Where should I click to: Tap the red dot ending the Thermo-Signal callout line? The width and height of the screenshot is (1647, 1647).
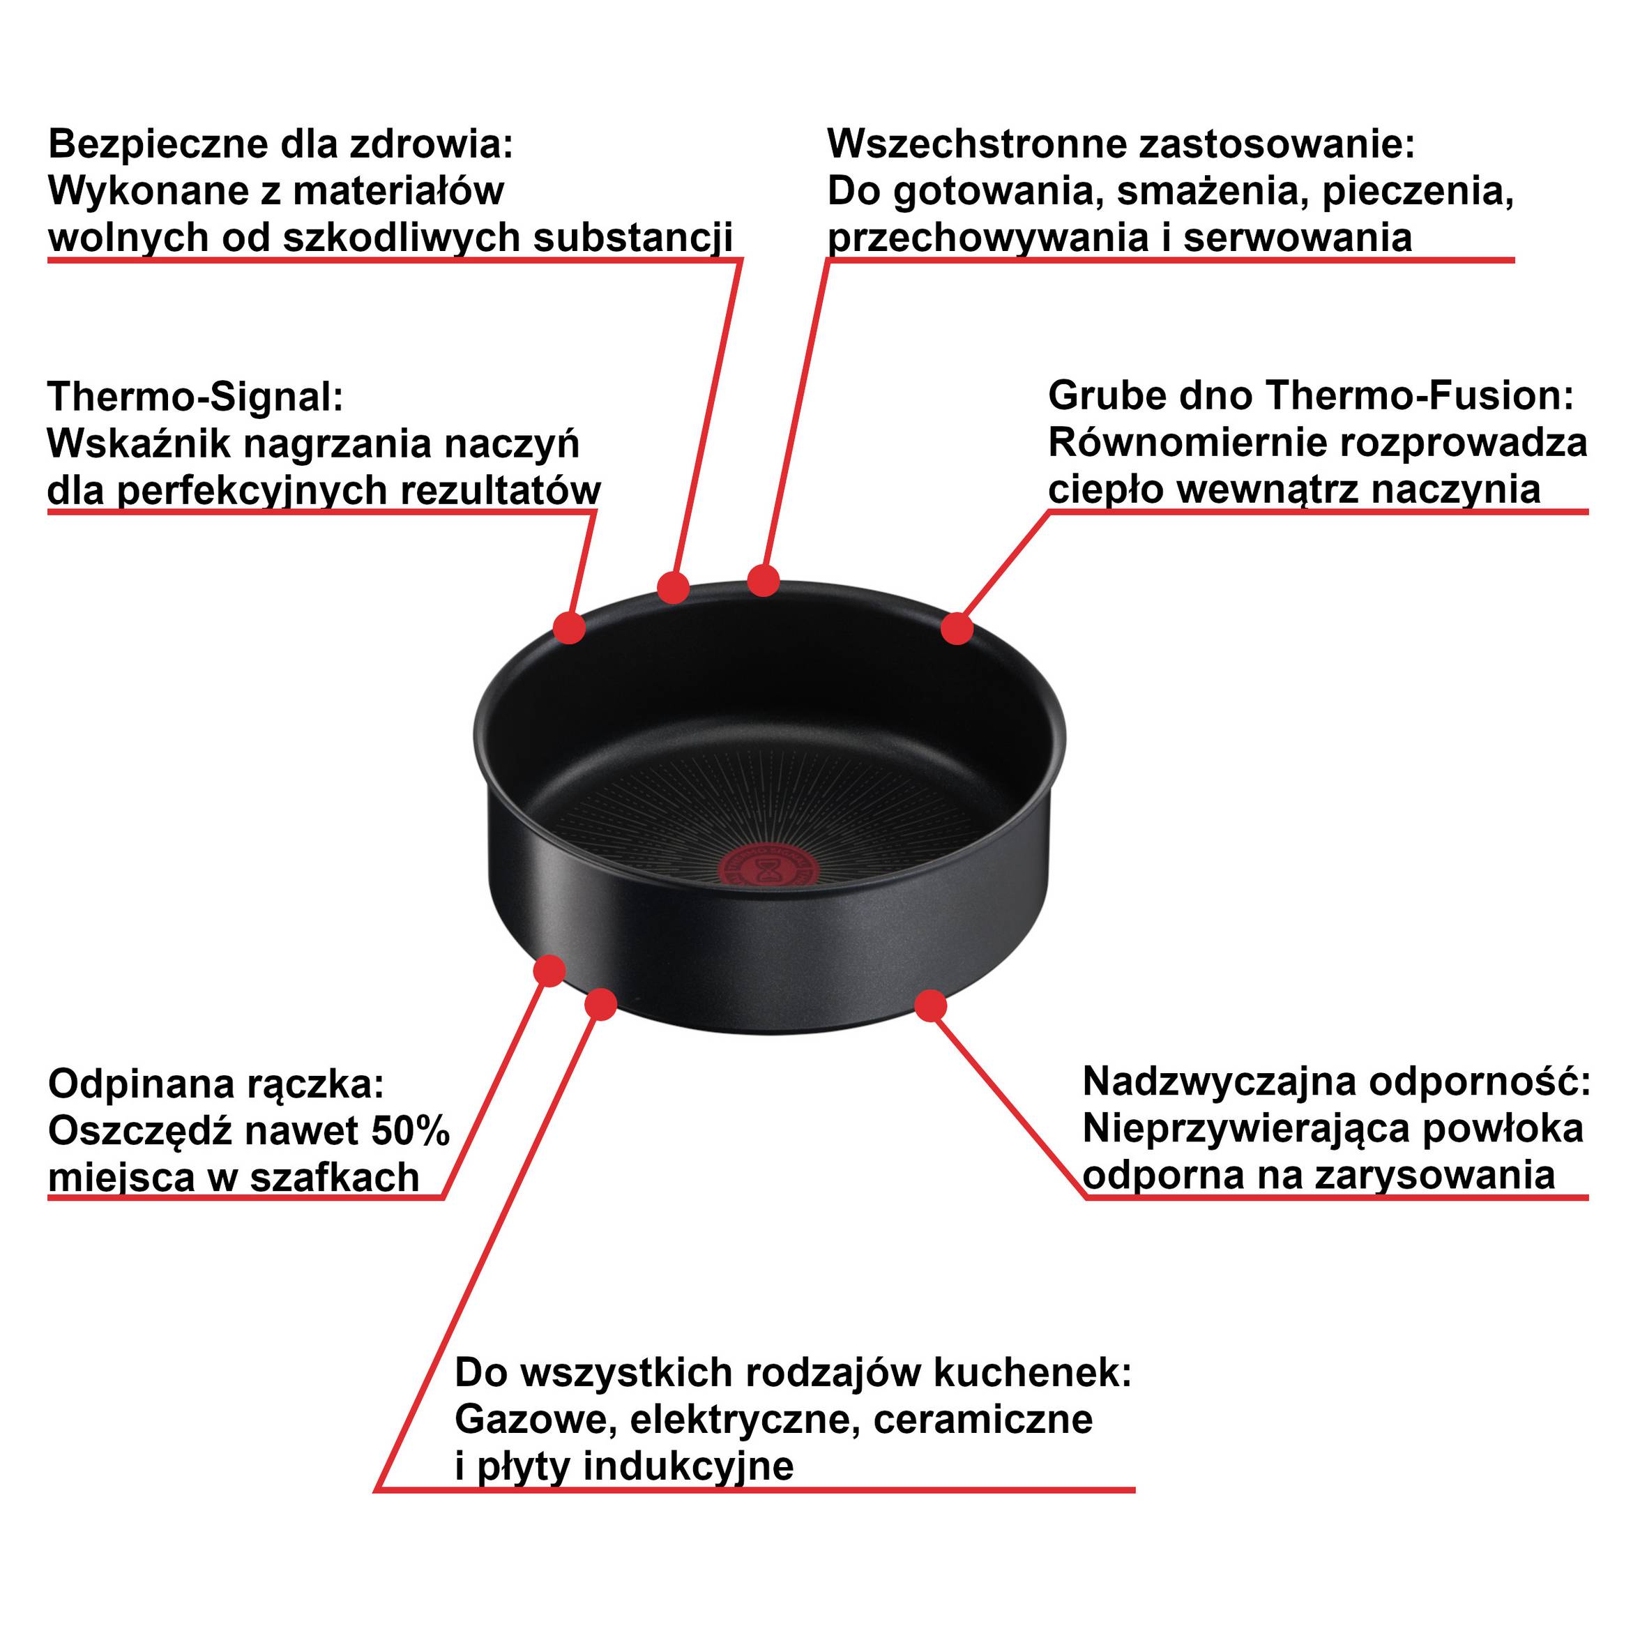(x=568, y=628)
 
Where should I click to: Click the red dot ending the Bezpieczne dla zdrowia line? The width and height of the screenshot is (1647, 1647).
(x=674, y=587)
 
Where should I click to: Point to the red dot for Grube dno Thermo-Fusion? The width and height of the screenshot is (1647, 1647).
(x=957, y=629)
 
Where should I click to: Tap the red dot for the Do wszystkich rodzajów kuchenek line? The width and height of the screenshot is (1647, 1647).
(x=601, y=1004)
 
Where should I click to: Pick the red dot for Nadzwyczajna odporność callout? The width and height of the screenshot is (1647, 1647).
(x=931, y=1006)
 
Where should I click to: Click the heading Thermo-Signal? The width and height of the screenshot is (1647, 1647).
(x=195, y=397)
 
